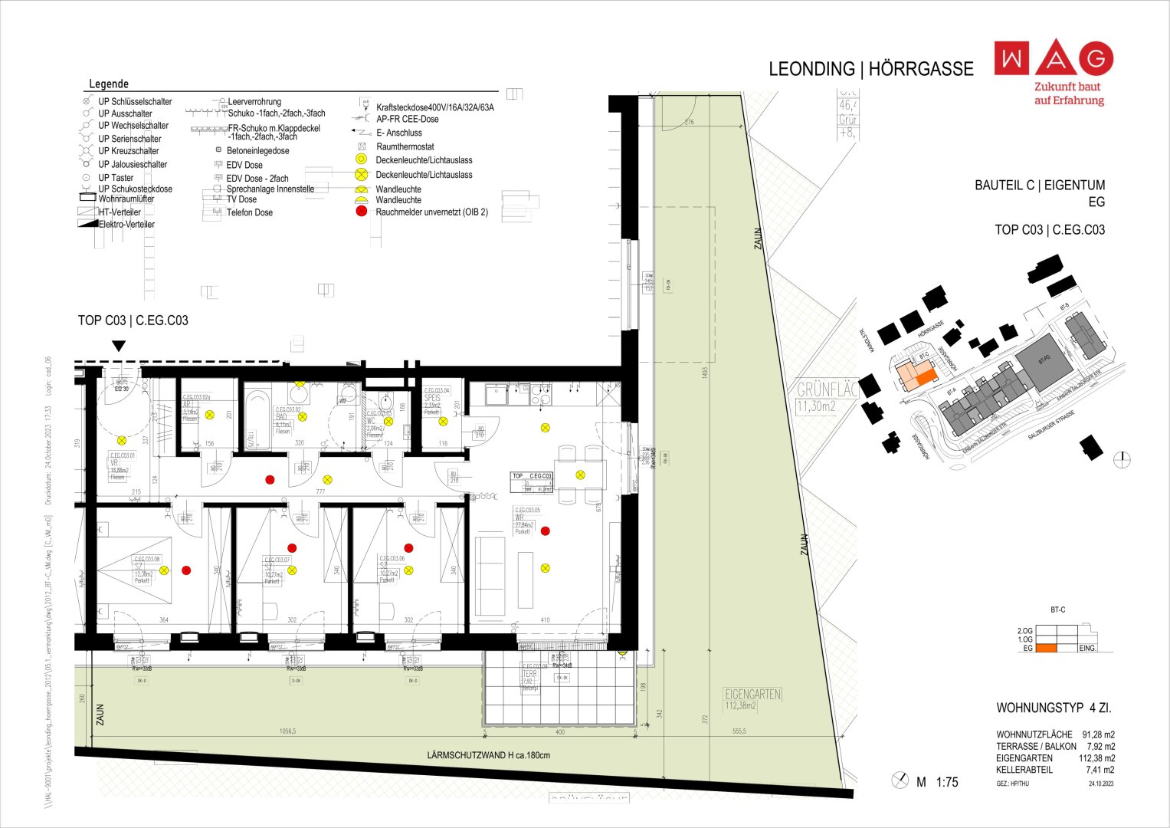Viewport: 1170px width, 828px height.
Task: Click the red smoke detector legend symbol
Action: [x=361, y=212]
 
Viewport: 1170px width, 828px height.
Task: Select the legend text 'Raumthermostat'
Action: [x=405, y=146]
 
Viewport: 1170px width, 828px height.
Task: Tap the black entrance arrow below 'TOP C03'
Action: [x=118, y=346]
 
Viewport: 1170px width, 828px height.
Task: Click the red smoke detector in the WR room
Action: [x=545, y=531]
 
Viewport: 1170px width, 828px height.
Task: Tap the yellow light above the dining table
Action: [x=580, y=475]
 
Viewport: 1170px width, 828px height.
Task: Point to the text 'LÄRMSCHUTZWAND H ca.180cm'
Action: [x=488, y=755]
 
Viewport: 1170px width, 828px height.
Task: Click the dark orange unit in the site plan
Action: [x=926, y=377]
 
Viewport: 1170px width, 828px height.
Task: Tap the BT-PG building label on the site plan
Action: [x=1043, y=359]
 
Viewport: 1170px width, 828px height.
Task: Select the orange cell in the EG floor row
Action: [x=1046, y=649]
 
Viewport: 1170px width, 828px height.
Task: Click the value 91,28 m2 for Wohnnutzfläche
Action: [x=1098, y=734]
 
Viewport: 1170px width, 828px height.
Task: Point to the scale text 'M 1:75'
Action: [x=937, y=782]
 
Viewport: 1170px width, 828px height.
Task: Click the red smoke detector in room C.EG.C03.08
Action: [x=185, y=570]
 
